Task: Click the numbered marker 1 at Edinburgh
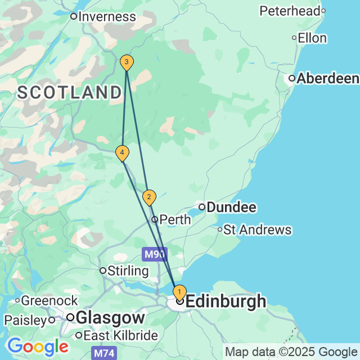[x=179, y=292]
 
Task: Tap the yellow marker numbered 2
[x=148, y=197]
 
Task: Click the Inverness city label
[x=107, y=16]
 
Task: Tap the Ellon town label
[x=312, y=38]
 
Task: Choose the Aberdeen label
[x=328, y=79]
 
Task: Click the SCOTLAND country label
[x=70, y=93]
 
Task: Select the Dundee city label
[x=231, y=208]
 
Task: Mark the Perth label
[x=175, y=219]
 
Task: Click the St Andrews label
[x=258, y=229]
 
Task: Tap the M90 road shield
[x=155, y=254]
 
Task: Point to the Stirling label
[x=128, y=271]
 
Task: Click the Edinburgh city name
[x=226, y=301]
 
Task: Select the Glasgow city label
[x=110, y=317]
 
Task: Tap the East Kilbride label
[x=121, y=336]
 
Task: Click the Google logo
[x=38, y=346]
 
